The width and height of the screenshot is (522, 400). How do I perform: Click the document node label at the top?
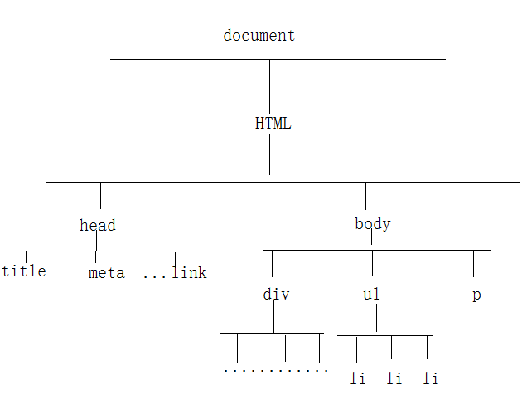coord(259,36)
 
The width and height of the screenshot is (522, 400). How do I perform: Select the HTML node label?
coord(273,124)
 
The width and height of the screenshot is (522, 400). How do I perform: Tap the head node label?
coord(98,225)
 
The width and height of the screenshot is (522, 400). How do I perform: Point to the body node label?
coord(372,223)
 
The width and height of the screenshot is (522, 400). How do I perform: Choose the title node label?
coord(24,271)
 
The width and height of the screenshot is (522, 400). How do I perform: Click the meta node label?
coord(106,273)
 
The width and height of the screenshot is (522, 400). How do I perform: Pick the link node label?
coord(190,272)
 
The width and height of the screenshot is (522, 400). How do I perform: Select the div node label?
coord(276,295)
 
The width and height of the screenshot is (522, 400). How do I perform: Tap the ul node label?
coord(371,295)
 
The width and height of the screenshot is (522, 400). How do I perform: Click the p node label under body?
coord(476,295)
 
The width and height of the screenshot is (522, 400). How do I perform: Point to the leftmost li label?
coord(357,379)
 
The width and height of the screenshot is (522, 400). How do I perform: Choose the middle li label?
coord(394,379)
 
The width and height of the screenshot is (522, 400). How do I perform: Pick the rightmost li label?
coord(430,379)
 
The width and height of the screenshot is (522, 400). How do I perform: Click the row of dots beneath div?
coord(276,370)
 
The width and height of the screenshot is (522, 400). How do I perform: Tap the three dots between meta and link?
coord(154,275)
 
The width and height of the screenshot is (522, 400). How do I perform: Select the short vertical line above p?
coord(473,263)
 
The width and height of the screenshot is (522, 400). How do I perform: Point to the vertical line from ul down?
coord(377,318)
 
